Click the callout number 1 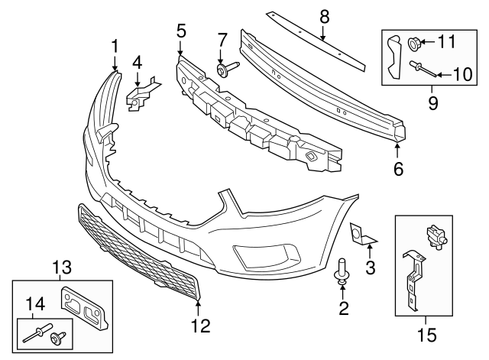point(115,46)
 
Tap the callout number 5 point(181,31)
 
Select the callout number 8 point(324,15)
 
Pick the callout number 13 point(60,267)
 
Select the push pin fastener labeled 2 point(342,274)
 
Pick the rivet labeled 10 point(426,70)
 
